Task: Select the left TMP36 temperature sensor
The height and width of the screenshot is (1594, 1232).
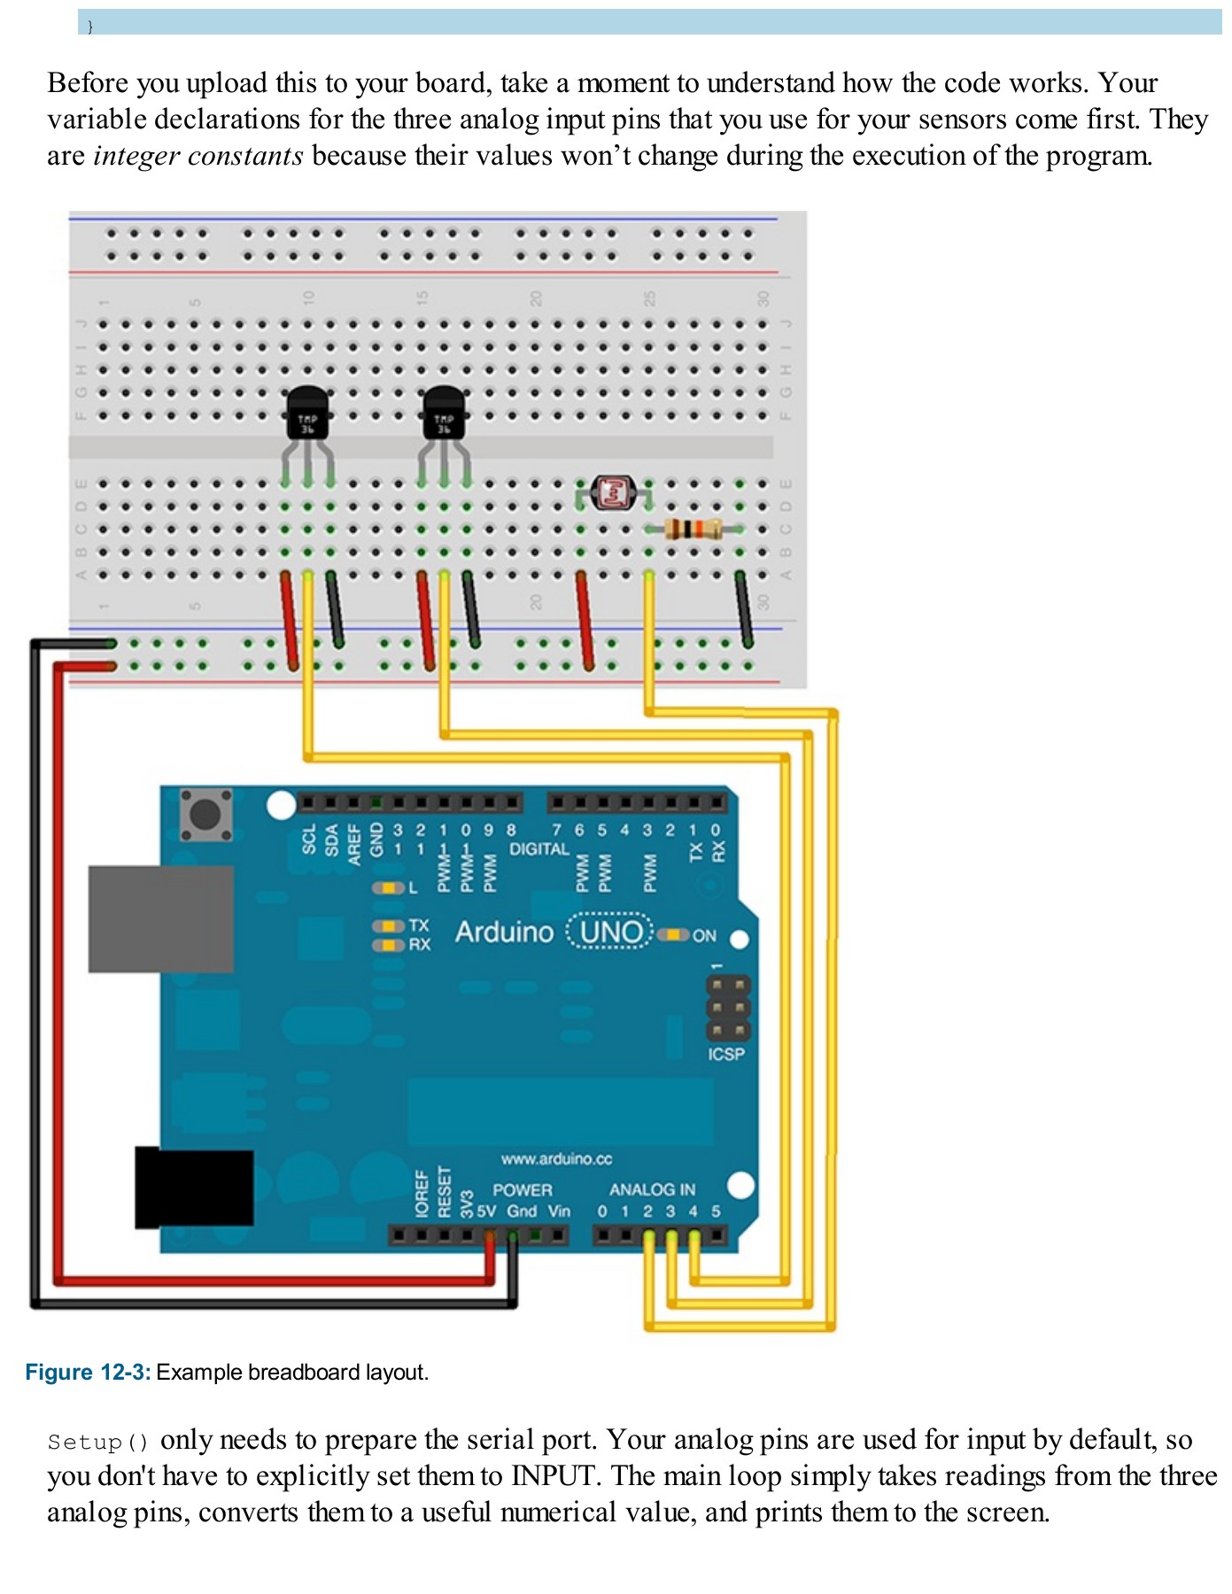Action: coord(307,414)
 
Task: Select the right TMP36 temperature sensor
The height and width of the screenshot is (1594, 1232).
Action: coord(444,414)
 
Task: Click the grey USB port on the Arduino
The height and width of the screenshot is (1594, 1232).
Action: coord(161,918)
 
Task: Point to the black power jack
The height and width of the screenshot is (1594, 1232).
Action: coord(194,1188)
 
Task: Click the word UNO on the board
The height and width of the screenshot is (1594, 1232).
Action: coord(610,932)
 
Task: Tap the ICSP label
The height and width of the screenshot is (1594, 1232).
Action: coord(725,1054)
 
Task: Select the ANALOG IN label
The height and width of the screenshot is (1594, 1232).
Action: coord(652,1189)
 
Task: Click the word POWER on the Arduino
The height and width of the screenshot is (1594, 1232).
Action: coord(522,1189)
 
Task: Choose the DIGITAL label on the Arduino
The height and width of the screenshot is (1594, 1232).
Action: coord(539,848)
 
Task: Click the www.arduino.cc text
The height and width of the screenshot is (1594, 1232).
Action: coord(556,1158)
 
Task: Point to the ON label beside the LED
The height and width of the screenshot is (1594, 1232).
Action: coord(704,935)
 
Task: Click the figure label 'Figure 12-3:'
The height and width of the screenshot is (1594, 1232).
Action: coord(88,1372)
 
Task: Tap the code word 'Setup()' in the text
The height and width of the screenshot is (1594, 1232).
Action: coord(98,1442)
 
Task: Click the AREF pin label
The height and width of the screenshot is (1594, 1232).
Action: coord(354,844)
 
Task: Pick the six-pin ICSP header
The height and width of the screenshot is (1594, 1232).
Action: coord(728,1008)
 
